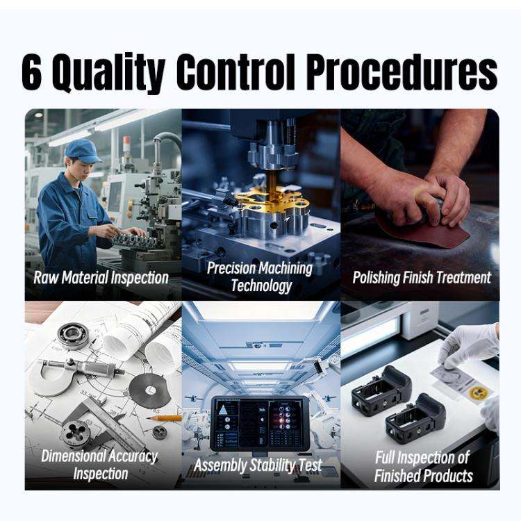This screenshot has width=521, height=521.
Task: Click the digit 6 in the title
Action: point(32,72)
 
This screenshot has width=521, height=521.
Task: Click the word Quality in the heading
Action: point(108,74)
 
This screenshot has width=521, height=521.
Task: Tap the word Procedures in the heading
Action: point(402,72)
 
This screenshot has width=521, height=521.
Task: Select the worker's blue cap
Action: point(82,151)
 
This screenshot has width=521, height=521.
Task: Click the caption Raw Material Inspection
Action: point(101,278)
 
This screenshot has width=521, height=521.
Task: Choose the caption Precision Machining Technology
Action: point(260,276)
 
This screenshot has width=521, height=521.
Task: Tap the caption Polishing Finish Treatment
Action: point(422,278)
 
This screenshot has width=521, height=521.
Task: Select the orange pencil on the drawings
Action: point(164,417)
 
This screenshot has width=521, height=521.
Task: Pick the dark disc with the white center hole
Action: point(150,390)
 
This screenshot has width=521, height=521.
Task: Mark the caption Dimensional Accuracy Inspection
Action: point(99,465)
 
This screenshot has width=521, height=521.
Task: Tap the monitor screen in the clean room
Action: point(260,423)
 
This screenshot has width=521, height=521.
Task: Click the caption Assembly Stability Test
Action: point(258,465)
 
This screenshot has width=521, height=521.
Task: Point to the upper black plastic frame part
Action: point(381,391)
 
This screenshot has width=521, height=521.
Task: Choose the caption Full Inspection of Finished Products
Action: point(423,467)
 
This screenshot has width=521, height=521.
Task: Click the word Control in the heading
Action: point(235,72)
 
